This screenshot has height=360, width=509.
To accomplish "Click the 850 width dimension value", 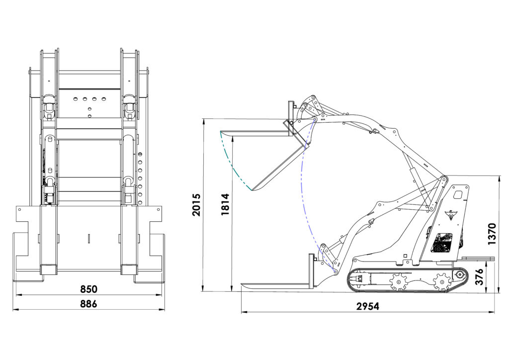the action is tap(88, 289).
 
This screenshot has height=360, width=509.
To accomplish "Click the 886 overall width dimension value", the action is tap(88, 304).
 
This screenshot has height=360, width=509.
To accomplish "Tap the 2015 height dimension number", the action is tap(196, 205).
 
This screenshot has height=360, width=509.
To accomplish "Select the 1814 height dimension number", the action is tap(225, 204).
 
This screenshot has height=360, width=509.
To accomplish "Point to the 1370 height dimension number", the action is tap(492, 234).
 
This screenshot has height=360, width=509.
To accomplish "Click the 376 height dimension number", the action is tap(479, 276).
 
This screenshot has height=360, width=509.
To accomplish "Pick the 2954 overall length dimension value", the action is tap(367, 306).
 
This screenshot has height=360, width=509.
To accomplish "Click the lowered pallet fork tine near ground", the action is tap(276, 285).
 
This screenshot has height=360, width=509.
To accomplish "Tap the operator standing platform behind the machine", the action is tap(478, 259).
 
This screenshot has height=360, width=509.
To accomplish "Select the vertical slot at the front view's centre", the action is tap(88, 238).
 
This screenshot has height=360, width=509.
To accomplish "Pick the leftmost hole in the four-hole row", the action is tap(76, 98).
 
